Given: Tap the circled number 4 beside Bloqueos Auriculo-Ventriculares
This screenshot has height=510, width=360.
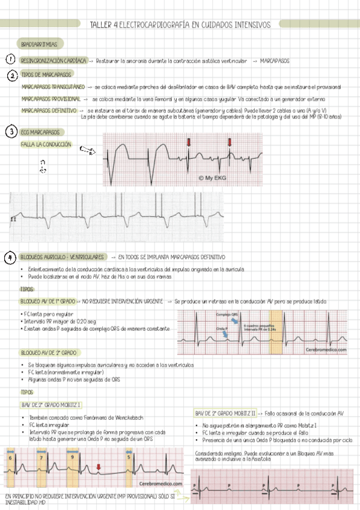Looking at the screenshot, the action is coord(10,257).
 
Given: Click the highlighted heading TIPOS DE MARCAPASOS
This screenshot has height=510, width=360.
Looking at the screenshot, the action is coord(46,75).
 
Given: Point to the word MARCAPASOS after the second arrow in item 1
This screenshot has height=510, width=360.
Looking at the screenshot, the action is coord(275,61).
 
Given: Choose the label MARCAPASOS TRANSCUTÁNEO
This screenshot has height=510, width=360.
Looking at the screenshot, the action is coord(53,87).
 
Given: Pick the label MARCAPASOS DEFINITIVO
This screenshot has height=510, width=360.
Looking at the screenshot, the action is coord(49,110).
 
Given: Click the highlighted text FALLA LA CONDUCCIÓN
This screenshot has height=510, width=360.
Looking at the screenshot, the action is coord(46,145).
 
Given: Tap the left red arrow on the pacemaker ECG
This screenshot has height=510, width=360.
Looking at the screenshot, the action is coord(188,142).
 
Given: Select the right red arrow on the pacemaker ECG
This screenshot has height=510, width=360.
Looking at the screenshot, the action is coord(229,142).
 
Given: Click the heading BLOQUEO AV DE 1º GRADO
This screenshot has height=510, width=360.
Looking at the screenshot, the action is coord(48,301).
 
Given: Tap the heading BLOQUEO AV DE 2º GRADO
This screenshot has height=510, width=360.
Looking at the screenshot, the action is coord(48,352).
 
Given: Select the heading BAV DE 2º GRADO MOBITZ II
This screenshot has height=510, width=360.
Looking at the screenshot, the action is coord(225,413).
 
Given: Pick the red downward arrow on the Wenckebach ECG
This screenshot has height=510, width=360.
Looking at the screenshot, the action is coord(99,467).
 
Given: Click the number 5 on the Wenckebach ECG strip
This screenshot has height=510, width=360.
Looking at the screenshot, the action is coord(129,456).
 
